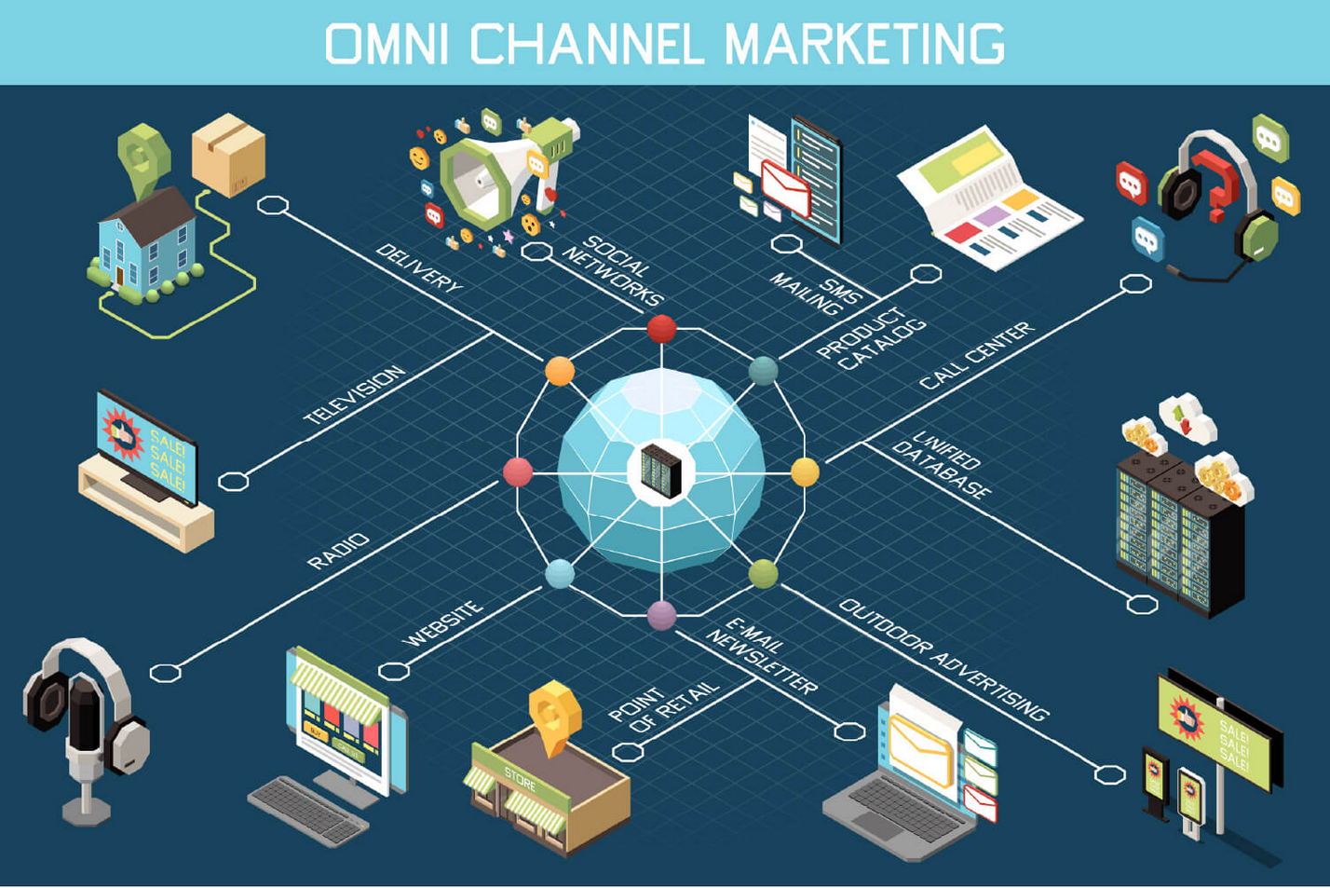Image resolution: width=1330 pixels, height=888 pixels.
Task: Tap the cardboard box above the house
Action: tap(228, 155)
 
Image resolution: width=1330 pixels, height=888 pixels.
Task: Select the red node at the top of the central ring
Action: tap(661, 329)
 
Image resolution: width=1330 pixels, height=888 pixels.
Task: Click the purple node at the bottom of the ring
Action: tap(661, 615)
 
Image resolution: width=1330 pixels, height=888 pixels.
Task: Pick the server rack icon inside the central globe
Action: tap(661, 471)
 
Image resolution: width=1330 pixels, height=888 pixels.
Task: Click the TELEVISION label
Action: tap(355, 395)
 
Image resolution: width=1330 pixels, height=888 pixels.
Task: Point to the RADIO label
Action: tap(338, 552)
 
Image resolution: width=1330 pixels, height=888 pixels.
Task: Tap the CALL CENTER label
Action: tap(977, 355)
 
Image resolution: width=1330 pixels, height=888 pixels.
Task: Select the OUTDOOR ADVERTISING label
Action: tap(944, 660)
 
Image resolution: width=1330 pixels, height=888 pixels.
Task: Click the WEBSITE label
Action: tap(443, 623)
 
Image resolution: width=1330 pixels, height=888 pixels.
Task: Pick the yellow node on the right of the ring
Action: tap(805, 472)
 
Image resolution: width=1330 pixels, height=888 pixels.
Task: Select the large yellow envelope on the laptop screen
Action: tap(921, 751)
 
